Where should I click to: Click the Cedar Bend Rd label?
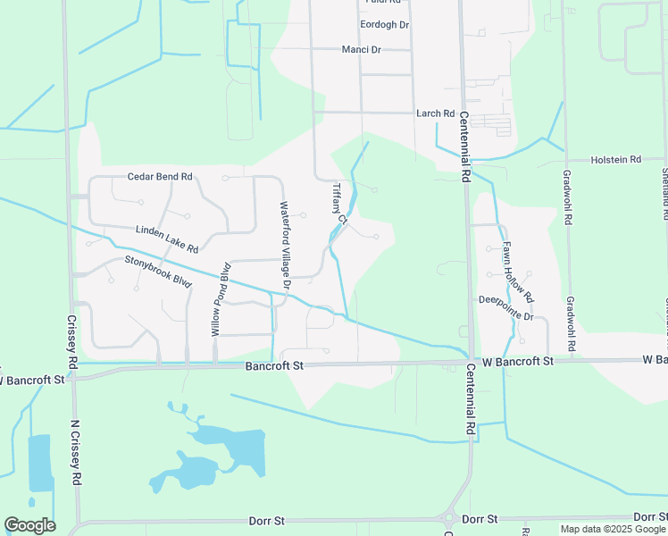click(x=160, y=177)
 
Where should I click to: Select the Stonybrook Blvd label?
click(x=158, y=272)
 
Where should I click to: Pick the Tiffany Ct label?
click(x=338, y=197)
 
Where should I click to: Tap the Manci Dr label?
click(x=362, y=49)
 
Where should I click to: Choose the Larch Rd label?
click(x=435, y=113)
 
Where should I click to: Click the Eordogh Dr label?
click(x=384, y=25)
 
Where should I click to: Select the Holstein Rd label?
click(x=616, y=160)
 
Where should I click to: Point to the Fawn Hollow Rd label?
click(x=517, y=272)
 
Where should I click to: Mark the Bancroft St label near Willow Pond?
click(x=276, y=366)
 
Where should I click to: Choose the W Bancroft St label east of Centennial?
click(x=518, y=361)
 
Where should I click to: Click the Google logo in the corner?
click(x=29, y=525)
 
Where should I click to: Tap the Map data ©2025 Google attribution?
click(x=613, y=529)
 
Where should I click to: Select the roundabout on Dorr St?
click(x=449, y=518)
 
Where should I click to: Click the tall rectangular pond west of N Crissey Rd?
click(x=40, y=463)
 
